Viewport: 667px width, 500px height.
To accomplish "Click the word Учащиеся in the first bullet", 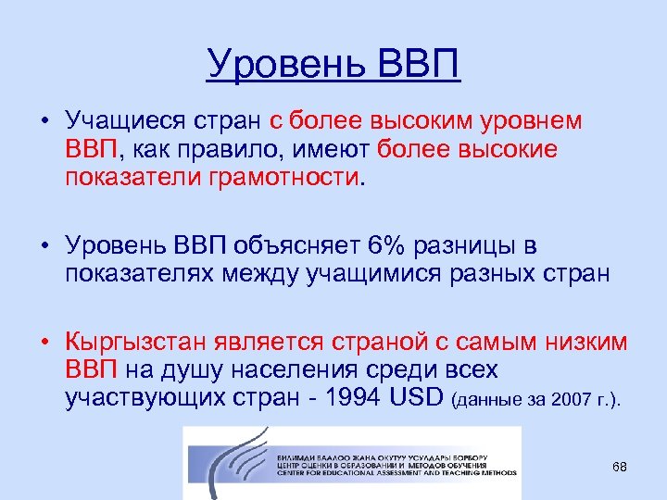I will click(x=120, y=120).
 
